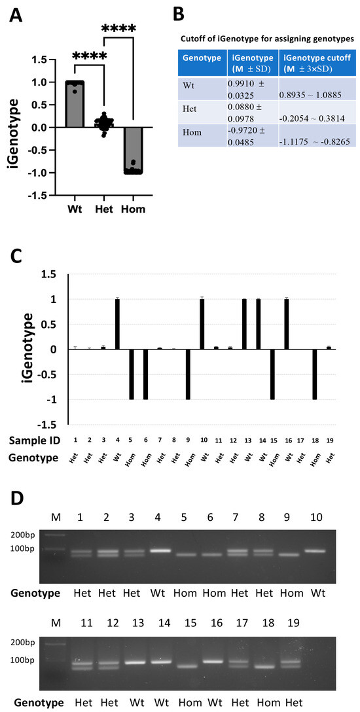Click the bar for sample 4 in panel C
pos(117,324)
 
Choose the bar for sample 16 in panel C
pos(286,324)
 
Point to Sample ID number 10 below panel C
pos(202,436)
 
